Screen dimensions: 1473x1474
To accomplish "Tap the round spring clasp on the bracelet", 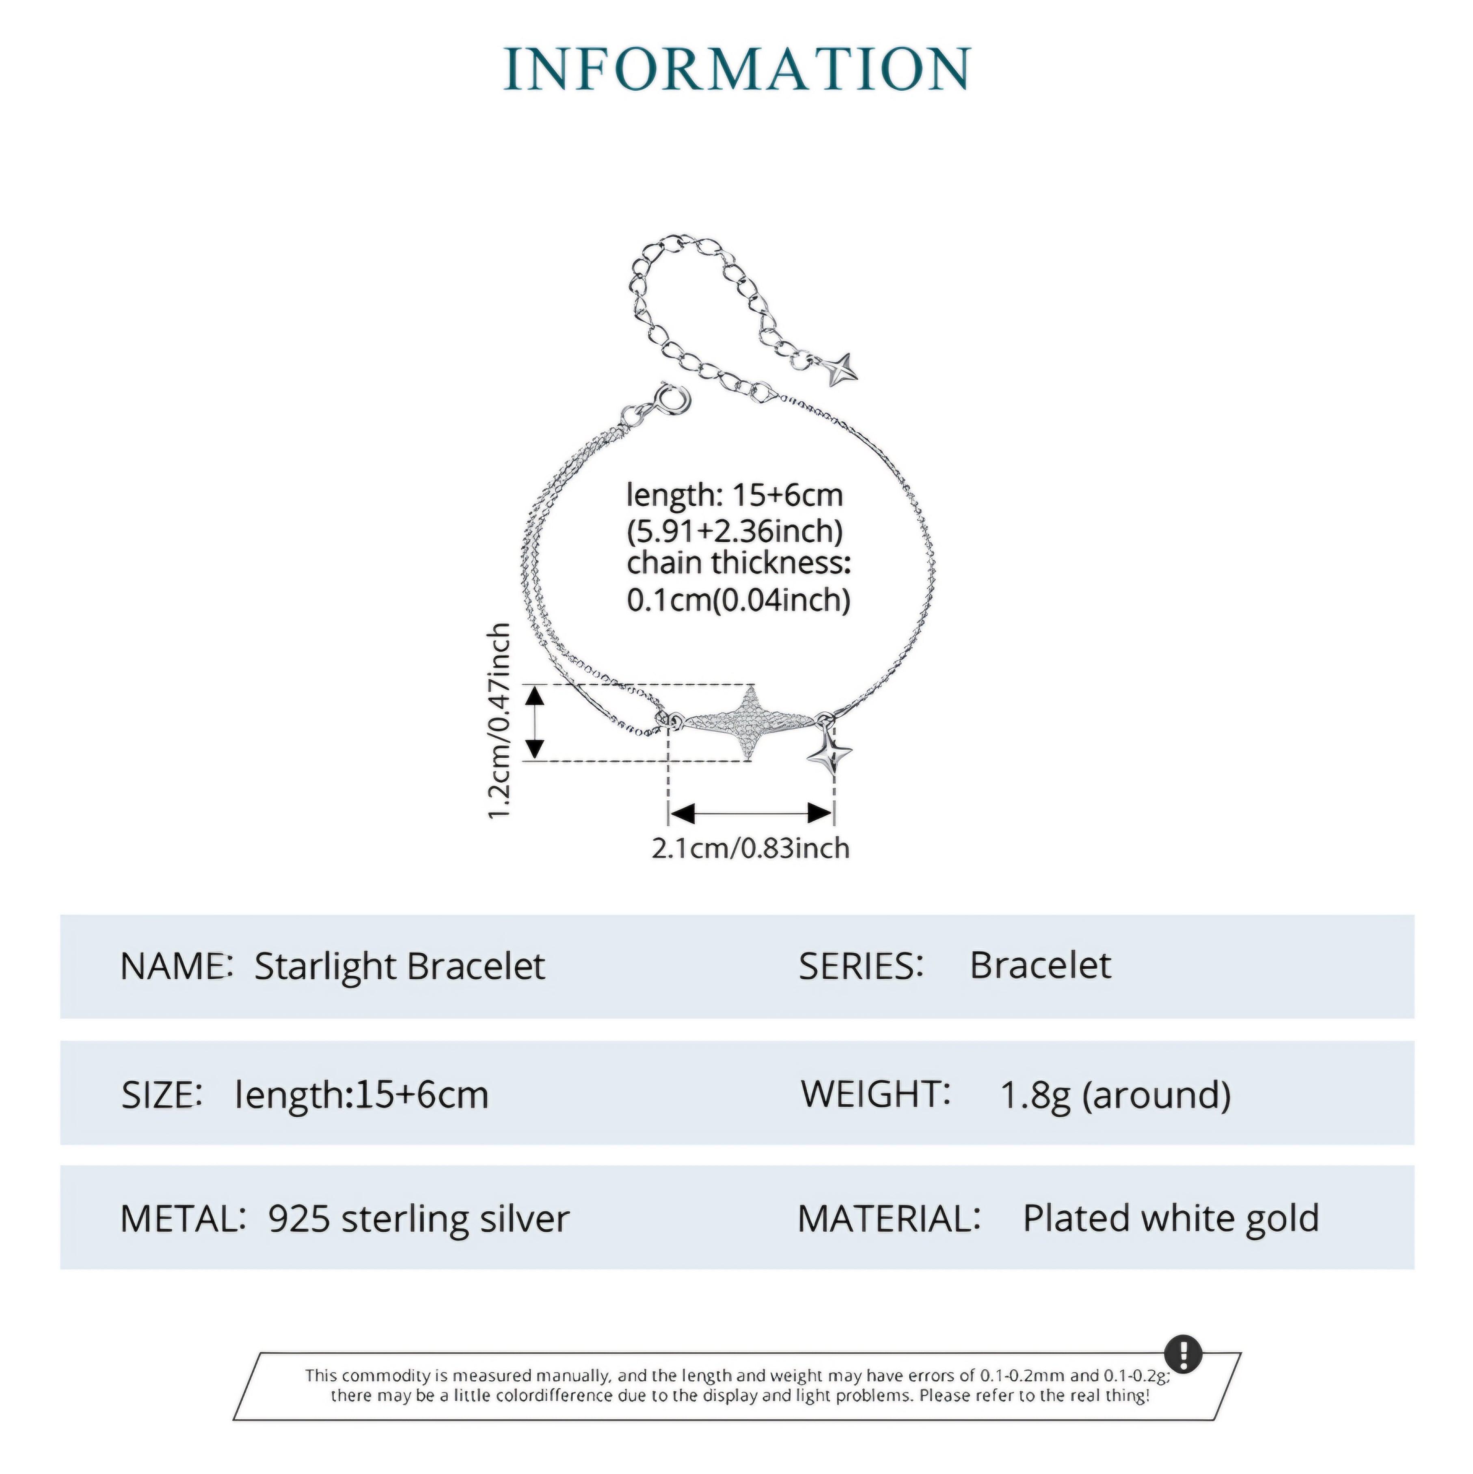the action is [672, 400].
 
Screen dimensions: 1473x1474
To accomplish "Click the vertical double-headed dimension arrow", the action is [536, 722].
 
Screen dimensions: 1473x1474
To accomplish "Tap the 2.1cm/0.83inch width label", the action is [750, 848].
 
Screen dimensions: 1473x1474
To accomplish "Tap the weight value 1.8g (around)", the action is [1115, 1096].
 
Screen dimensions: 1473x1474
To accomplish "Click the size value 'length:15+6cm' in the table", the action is [362, 1096].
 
